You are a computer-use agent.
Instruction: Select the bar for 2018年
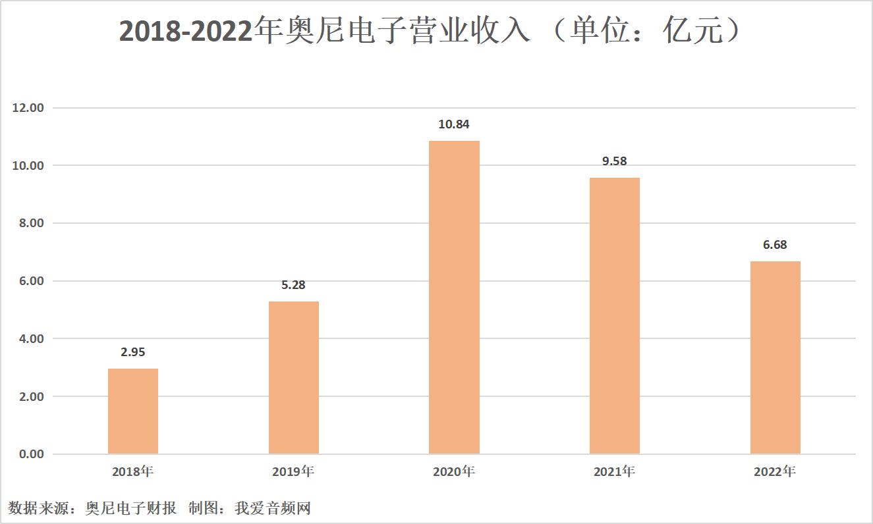click(132, 411)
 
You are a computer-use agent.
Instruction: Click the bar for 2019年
click(293, 378)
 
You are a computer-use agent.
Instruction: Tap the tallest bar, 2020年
click(454, 298)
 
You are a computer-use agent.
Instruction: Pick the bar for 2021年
click(614, 316)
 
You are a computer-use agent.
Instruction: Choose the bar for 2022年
click(775, 357)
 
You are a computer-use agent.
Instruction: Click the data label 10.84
click(454, 124)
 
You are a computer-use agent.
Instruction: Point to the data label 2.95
click(132, 352)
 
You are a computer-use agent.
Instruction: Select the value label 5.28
click(293, 285)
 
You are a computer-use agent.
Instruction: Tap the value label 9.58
click(614, 161)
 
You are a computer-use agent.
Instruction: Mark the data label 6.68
click(775, 245)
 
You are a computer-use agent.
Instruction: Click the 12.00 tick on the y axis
click(28, 107)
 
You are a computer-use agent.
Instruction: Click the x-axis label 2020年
click(454, 471)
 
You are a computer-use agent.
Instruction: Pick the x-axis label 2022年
click(775, 471)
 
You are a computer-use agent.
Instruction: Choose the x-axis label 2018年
click(132, 471)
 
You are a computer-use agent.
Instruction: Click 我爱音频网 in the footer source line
click(272, 508)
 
